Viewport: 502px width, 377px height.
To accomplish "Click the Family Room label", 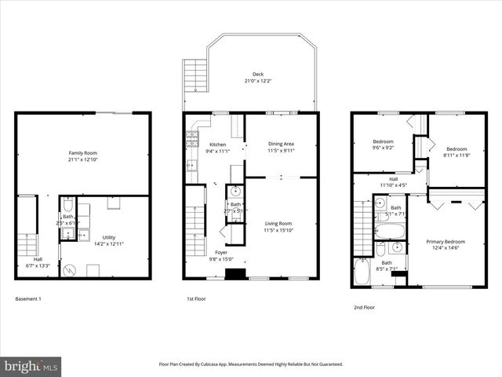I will pyautogui.click(x=82, y=152).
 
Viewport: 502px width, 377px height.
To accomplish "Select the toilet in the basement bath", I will pyautogui.click(x=68, y=202).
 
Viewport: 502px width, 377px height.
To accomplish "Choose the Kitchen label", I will pyautogui.click(x=217, y=145).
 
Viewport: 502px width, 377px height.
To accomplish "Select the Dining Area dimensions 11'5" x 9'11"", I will pyautogui.click(x=281, y=150).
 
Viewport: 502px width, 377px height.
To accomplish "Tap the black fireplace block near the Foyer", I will pyautogui.click(x=233, y=274).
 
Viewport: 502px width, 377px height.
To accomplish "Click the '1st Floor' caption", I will pyautogui.click(x=196, y=299).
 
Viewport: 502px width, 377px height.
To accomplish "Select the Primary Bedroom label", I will pyautogui.click(x=445, y=242).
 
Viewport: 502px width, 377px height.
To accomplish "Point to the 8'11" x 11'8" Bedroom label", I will pyautogui.click(x=457, y=149).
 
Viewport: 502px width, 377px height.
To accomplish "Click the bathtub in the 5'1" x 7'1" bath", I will pyautogui.click(x=390, y=231).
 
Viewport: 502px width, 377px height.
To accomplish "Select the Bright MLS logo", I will pyautogui.click(x=32, y=366).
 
